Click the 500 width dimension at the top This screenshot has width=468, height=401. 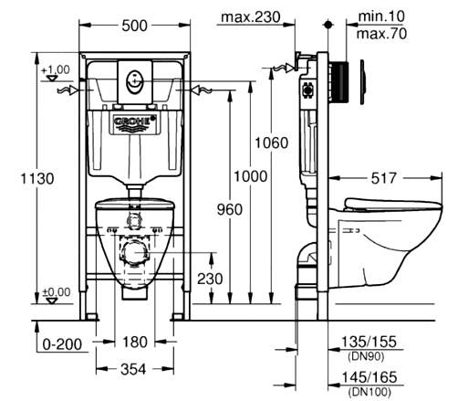(134, 26)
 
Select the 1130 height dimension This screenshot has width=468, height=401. (37, 178)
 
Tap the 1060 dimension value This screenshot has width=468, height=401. (271, 142)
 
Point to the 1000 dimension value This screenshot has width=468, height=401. (250, 176)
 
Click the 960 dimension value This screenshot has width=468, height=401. (230, 209)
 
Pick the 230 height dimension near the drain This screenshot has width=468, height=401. (210, 279)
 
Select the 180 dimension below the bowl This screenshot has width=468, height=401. (135, 342)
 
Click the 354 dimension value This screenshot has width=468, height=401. (133, 370)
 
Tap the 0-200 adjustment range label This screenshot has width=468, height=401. (62, 344)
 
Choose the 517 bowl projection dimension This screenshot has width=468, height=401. (384, 178)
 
